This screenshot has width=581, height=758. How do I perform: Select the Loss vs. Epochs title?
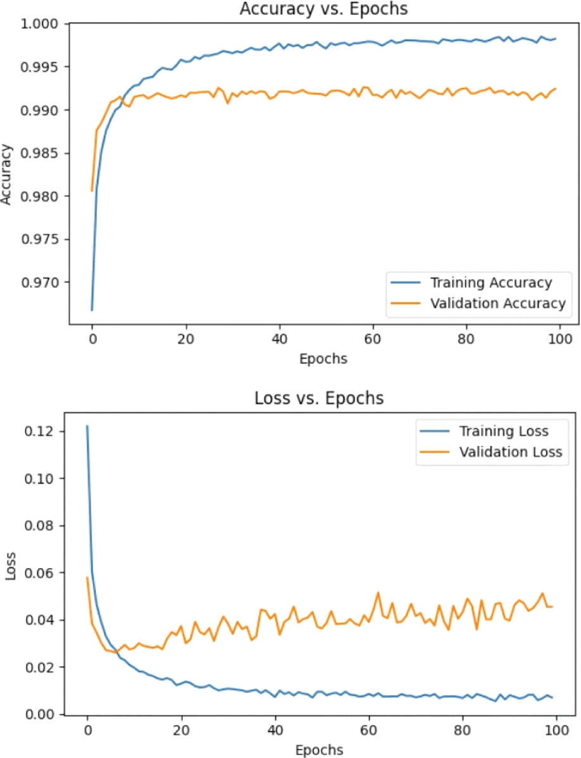pyautogui.click(x=318, y=399)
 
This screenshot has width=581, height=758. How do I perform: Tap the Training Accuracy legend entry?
pyautogui.click(x=490, y=282)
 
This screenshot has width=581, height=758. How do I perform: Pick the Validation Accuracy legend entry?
pyautogui.click(x=497, y=304)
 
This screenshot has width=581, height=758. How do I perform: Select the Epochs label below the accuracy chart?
pyautogui.click(x=323, y=359)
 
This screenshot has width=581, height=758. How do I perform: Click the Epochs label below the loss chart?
pyautogui.click(x=320, y=750)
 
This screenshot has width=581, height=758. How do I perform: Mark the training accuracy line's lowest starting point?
pyautogui.click(x=92, y=310)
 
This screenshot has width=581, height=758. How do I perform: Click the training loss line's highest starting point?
pyautogui.click(x=87, y=426)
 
